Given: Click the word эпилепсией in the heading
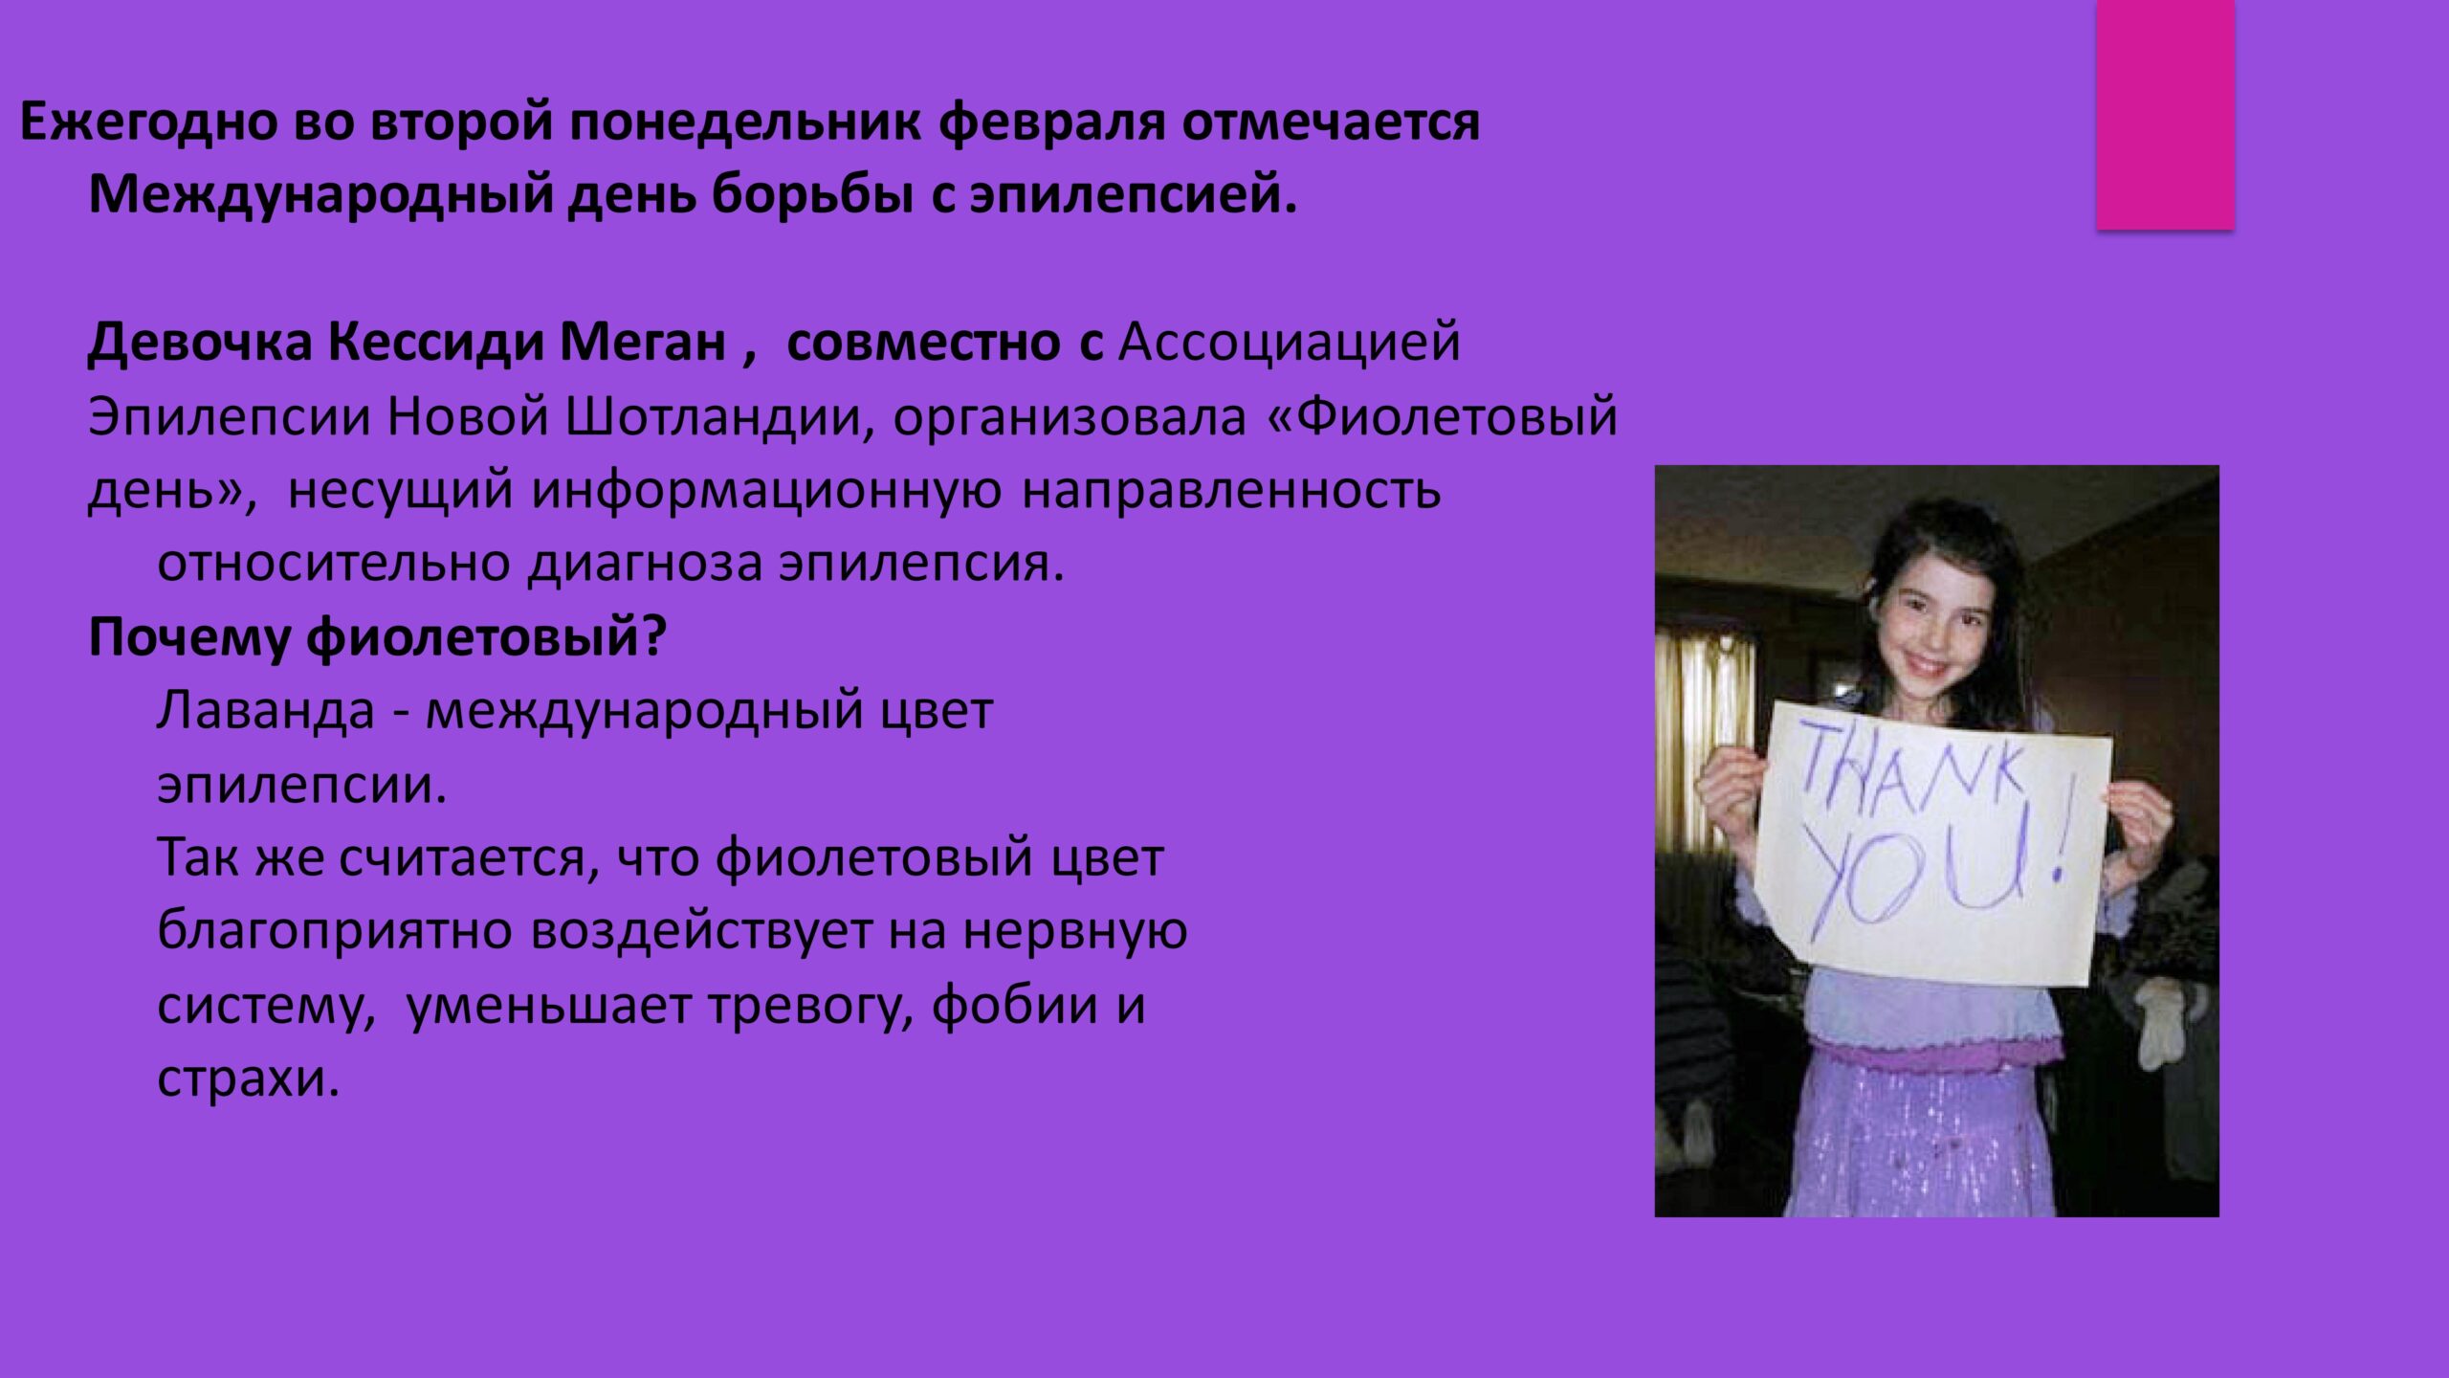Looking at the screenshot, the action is coord(1134,195).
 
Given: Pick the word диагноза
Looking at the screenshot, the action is coord(645,564).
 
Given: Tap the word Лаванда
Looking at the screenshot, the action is coord(266,711).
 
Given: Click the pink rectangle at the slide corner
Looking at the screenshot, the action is coord(2165,115).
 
